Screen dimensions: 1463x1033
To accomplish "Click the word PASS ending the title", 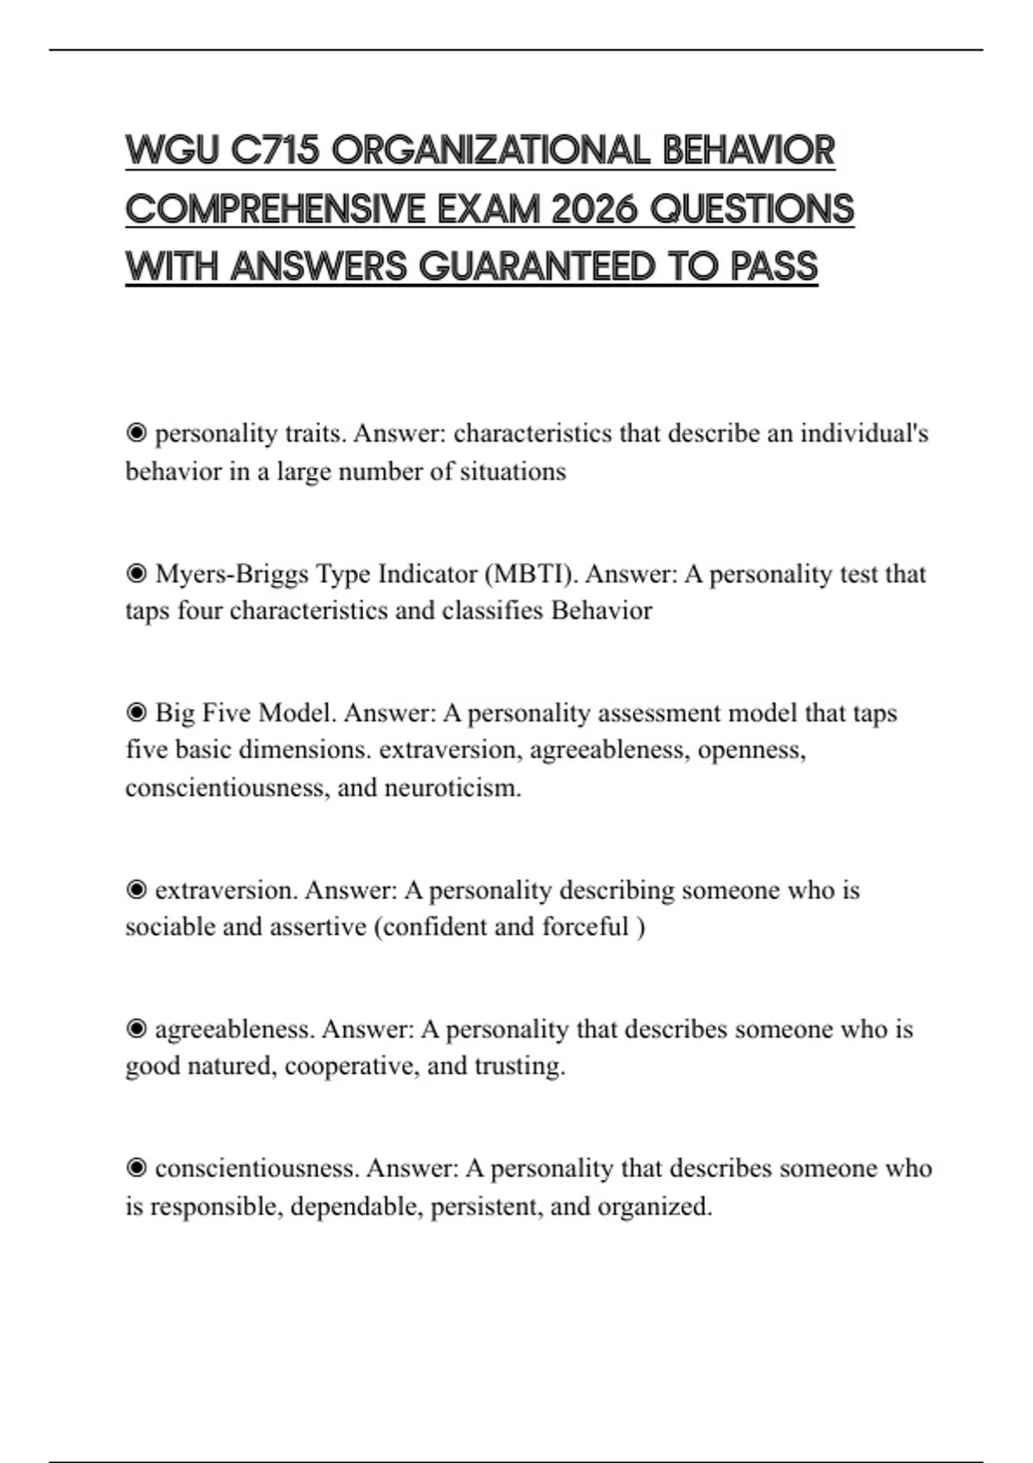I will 774,267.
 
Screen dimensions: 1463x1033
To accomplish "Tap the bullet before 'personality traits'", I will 136,433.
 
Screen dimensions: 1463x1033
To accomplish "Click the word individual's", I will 864,433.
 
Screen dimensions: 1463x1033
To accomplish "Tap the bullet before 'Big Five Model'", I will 136,713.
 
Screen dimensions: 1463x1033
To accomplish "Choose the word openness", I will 751,750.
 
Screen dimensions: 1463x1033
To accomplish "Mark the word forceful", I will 585,927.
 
